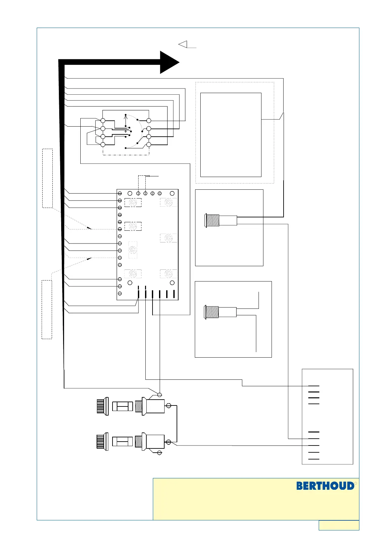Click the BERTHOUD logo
325,486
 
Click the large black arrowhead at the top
169,62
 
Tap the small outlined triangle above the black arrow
183,44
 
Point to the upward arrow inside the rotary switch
126,120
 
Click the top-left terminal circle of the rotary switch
103,121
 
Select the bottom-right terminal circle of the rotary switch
149,144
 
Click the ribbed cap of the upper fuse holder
102,406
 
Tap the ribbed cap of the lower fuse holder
102,442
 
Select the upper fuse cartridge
122,406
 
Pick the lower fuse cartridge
122,442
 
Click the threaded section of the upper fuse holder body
139,406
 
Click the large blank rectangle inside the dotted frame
231,135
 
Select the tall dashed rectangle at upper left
47,178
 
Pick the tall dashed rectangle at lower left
47,309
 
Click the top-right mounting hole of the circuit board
172,193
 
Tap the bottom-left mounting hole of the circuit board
130,283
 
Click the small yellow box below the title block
339,525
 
